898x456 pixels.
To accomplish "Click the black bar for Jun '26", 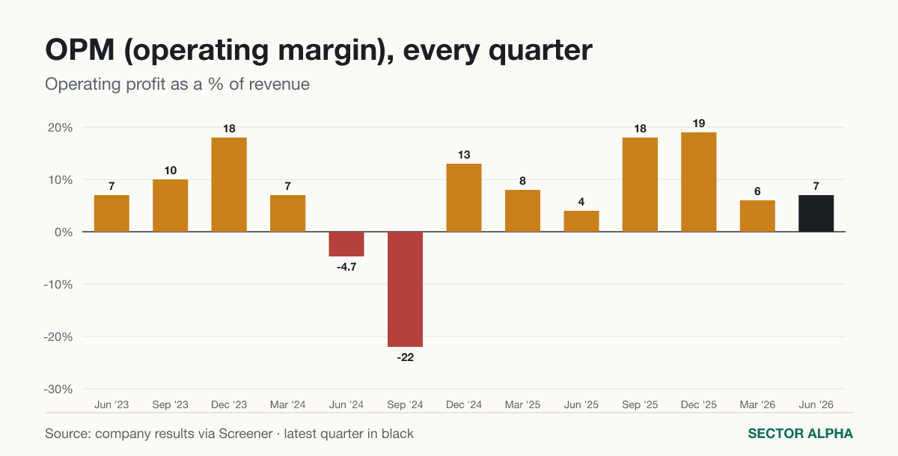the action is [816, 213].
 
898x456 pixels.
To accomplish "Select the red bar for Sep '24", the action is [405, 289].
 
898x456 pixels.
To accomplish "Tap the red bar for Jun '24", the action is [346, 244].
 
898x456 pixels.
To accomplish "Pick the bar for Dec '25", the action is [698, 182].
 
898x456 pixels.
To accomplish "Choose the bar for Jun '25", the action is [581, 221].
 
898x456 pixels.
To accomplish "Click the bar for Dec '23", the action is [229, 185].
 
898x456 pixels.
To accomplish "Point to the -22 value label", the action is [406, 357].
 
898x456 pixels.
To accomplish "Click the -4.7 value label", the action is [346, 267].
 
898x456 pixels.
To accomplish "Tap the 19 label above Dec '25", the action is [699, 123].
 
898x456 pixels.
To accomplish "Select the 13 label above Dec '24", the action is [464, 155].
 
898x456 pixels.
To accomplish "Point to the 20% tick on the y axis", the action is [60, 128].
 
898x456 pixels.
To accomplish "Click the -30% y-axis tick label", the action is [58, 389].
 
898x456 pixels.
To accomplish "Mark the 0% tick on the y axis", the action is [64, 232].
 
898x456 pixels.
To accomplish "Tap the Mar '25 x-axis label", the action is [522, 404].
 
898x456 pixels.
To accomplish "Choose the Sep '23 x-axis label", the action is [170, 404].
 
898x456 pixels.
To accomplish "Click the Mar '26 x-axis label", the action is [757, 404].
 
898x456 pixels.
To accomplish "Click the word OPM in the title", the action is [80, 50].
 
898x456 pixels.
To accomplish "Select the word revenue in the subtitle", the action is [279, 84].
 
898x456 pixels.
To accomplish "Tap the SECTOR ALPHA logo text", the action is [800, 434].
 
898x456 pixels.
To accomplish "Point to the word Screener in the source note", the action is [245, 434].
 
